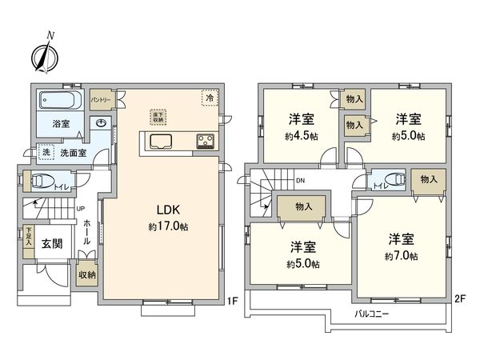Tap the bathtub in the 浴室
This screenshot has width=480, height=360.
pos(60,102)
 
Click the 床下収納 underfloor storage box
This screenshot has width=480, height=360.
pos(157,115)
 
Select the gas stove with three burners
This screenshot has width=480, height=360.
pos(205,142)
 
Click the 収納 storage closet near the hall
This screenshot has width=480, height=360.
pos(86,274)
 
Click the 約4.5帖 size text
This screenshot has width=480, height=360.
pos(301,136)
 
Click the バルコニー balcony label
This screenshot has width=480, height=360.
pos(372,314)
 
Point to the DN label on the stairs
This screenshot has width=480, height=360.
pos(300,182)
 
